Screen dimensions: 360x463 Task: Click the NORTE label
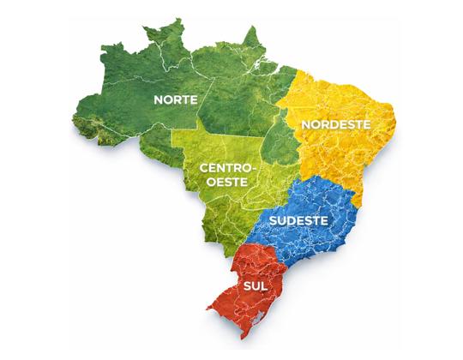tap(176, 99)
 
